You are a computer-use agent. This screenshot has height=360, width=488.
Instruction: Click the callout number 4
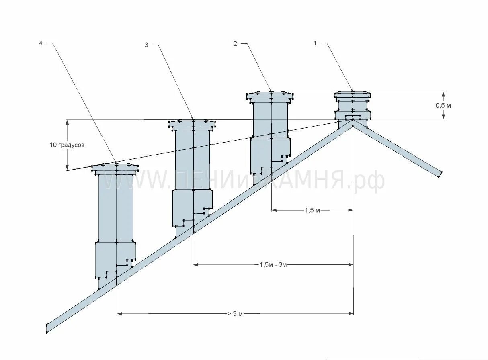(40, 43)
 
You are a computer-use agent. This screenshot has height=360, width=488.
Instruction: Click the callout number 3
(146, 45)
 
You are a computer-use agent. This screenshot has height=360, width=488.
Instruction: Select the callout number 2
(235, 43)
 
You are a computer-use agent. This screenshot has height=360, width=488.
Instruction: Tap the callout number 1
(316, 43)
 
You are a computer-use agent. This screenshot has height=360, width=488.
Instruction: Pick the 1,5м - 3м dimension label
(273, 265)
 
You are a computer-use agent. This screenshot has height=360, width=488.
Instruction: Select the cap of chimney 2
(271, 96)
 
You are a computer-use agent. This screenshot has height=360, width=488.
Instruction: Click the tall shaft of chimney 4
(116, 207)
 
